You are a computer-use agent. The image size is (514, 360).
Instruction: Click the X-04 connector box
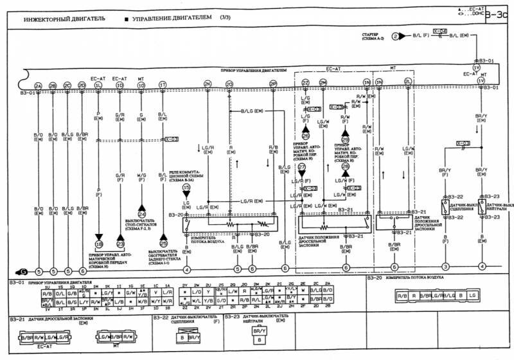pyautogui.click(x=440, y=30)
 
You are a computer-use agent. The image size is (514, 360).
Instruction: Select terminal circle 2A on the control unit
pyautogui.click(x=38, y=85)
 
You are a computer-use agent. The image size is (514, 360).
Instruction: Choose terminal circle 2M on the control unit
pyautogui.click(x=323, y=83)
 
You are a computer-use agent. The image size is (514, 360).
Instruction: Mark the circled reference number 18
pyautogui.click(x=99, y=244)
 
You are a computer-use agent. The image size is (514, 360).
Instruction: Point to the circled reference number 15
pyautogui.click(x=186, y=187)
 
